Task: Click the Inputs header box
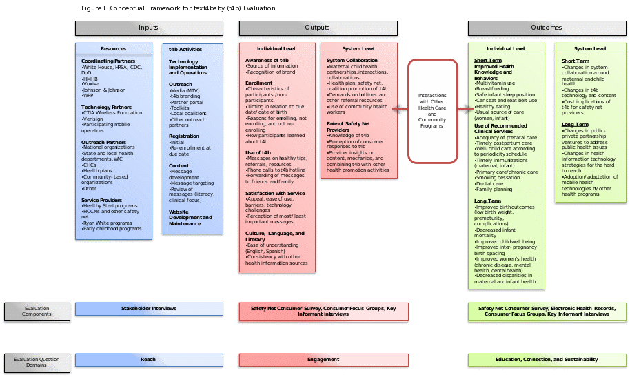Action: pos(148,28)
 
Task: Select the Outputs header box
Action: pos(317,28)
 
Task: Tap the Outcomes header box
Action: pos(546,28)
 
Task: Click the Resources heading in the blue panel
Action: pos(114,49)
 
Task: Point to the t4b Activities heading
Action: pos(185,49)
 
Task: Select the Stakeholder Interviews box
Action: pos(149,309)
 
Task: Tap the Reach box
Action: pos(149,359)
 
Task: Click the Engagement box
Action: pos(323,359)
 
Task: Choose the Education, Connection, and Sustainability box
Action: pos(546,359)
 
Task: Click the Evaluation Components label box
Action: pos(37,312)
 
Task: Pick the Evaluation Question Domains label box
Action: pos(37,362)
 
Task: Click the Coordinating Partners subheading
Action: pos(108,61)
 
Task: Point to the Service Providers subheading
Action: pos(102,200)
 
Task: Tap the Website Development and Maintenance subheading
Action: pos(190,217)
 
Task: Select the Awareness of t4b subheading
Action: pos(267,61)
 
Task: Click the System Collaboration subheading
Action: pos(352,61)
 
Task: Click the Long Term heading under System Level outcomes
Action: pos(574,124)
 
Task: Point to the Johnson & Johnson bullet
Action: pos(103,90)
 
